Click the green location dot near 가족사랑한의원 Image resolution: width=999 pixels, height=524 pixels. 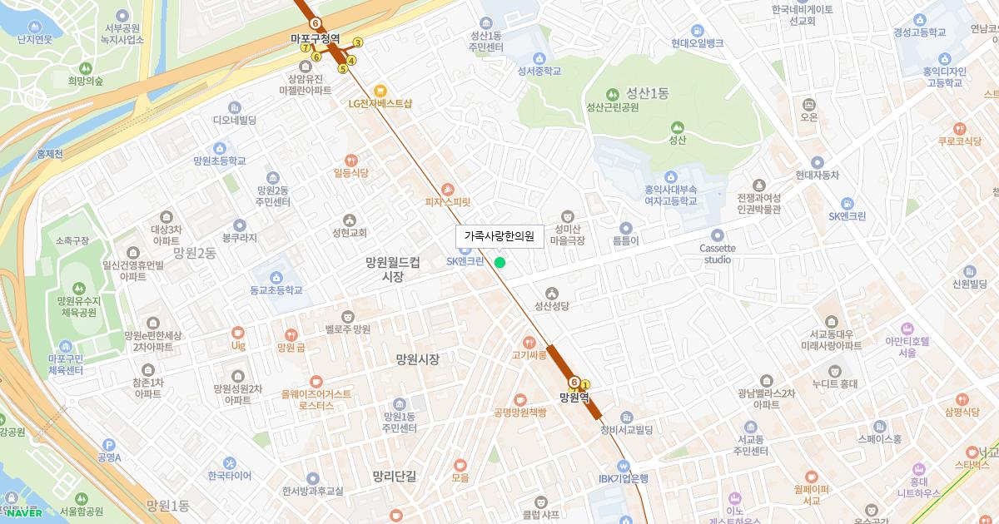[499, 263]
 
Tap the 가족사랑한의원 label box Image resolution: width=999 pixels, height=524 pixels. [499, 237]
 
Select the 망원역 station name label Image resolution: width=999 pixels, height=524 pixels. [574, 397]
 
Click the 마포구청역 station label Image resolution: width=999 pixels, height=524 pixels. [315, 39]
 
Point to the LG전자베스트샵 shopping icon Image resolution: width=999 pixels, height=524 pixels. [380, 90]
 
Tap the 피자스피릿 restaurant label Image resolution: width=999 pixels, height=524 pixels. [448, 201]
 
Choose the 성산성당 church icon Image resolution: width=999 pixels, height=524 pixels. [551, 293]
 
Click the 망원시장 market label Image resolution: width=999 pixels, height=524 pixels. [417, 359]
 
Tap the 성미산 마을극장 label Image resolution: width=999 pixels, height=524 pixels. [568, 235]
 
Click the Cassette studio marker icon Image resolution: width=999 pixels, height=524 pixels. [717, 235]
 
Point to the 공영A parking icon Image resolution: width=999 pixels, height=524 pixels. [109, 445]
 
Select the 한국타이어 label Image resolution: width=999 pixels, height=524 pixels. [230, 476]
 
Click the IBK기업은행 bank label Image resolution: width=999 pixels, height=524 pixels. [623, 478]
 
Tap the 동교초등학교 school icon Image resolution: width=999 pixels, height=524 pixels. [276, 277]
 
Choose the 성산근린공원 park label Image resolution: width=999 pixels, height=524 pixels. [613, 107]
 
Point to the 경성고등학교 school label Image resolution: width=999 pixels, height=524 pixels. [920, 32]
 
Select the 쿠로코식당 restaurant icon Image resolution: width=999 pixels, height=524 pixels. [960, 128]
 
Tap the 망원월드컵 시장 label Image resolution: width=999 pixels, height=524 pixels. [393, 269]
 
